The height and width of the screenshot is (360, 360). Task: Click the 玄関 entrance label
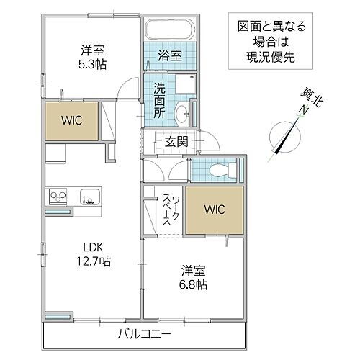pos(176,142)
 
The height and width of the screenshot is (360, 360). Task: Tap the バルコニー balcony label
pos(144,333)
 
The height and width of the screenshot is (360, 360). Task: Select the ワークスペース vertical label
pos(164,209)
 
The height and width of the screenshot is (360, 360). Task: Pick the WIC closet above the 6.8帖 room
pos(215,210)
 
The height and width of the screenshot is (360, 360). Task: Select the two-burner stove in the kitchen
pos(58,196)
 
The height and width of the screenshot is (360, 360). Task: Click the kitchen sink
pos(89,196)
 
